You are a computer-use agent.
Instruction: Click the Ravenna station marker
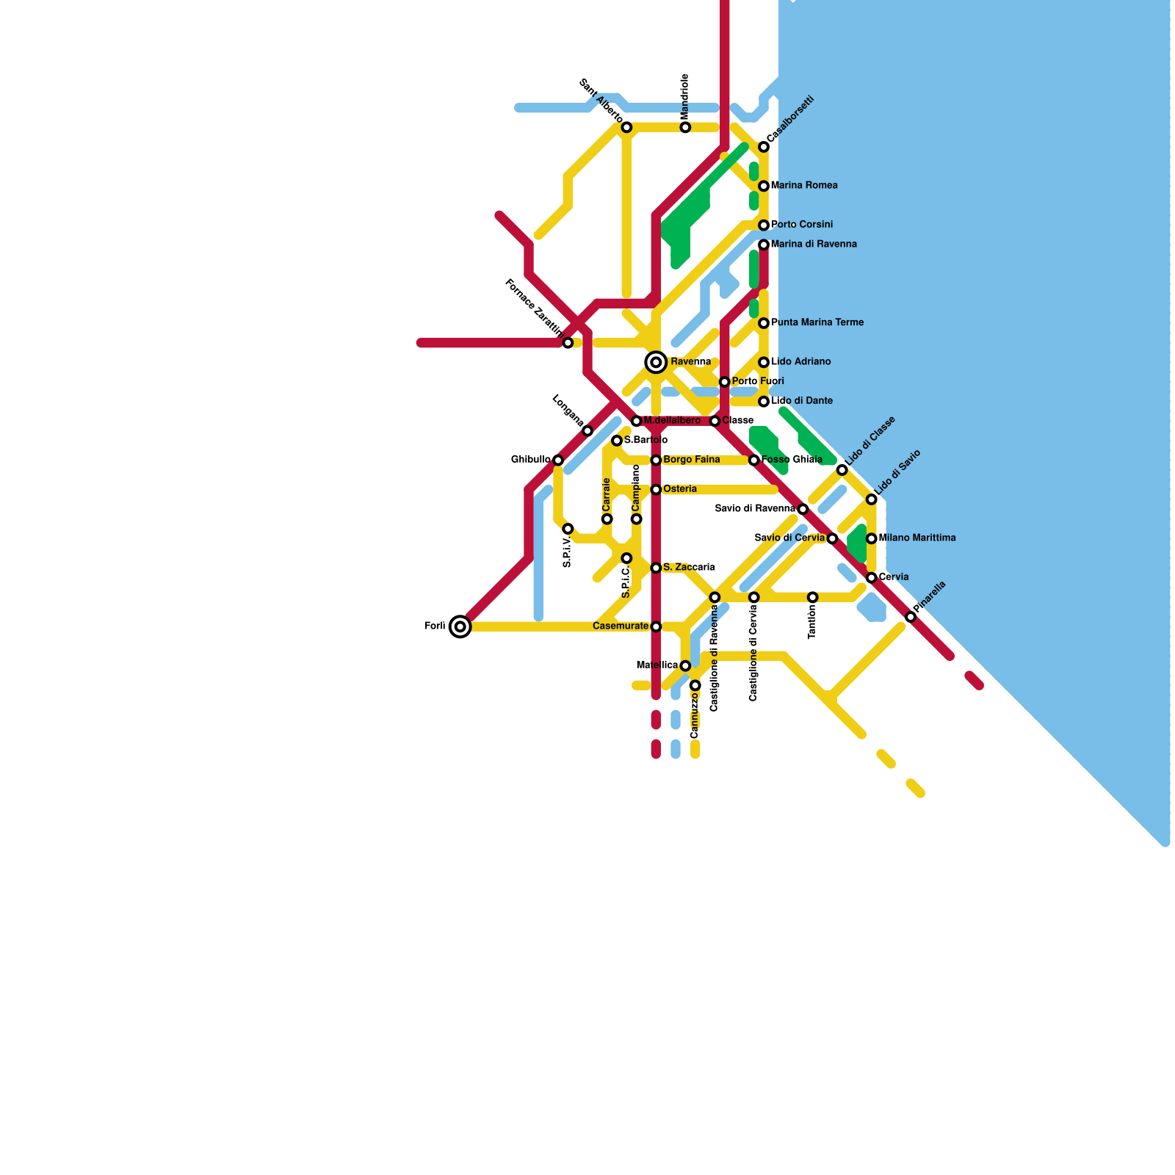tap(656, 362)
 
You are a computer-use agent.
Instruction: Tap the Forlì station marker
tap(460, 626)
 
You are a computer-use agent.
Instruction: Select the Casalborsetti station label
tap(790, 119)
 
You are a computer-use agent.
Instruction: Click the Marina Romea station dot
tap(764, 186)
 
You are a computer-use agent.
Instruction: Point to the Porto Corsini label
tap(802, 225)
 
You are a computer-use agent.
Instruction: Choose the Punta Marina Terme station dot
tap(764, 323)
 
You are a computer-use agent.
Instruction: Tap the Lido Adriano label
tap(801, 362)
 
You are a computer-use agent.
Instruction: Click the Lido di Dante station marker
tap(764, 402)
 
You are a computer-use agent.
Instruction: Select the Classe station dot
tap(715, 421)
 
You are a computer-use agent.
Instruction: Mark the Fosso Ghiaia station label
tap(792, 460)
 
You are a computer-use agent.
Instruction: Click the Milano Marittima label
tap(917, 538)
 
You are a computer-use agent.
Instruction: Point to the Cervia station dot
tap(872, 578)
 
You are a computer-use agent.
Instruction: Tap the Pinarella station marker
tap(911, 617)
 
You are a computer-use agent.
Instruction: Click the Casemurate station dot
tap(656, 626)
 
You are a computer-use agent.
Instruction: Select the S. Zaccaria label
tap(689, 568)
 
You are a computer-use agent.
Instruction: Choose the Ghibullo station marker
tap(558, 460)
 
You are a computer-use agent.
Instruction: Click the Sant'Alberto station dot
tap(626, 128)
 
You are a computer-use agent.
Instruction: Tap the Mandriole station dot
tap(685, 128)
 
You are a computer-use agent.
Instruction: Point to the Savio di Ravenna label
tap(754, 509)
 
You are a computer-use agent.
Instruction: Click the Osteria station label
tap(680, 489)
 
